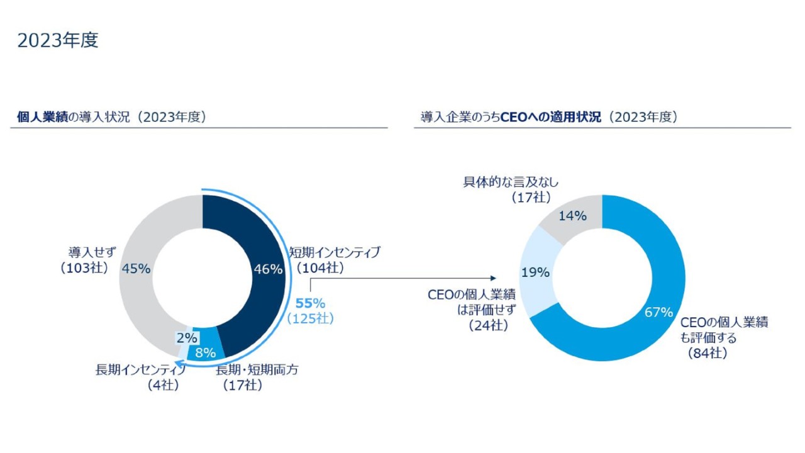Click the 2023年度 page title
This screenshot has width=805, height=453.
click(x=58, y=40)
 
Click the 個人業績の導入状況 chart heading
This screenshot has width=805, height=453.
click(x=111, y=117)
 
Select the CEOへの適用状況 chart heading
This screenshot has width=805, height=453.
click(x=548, y=117)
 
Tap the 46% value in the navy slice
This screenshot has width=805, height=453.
click(x=268, y=269)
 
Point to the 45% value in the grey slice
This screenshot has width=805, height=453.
click(x=136, y=269)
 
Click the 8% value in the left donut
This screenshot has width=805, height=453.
click(x=206, y=352)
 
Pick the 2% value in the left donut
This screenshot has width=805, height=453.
click(x=187, y=338)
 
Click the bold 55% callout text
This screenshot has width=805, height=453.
click(x=310, y=304)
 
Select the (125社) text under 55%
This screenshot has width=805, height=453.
click(x=310, y=319)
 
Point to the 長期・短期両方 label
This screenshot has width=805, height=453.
click(x=257, y=370)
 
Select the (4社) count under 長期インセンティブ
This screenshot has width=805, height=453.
click(x=163, y=385)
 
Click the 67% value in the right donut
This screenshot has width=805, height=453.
click(x=658, y=312)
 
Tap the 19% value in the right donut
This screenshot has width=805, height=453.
click(x=535, y=272)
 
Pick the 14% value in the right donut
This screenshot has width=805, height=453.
click(x=572, y=216)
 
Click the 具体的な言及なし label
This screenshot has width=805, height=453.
click(x=511, y=182)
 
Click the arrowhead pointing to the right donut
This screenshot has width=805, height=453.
click(x=493, y=278)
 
